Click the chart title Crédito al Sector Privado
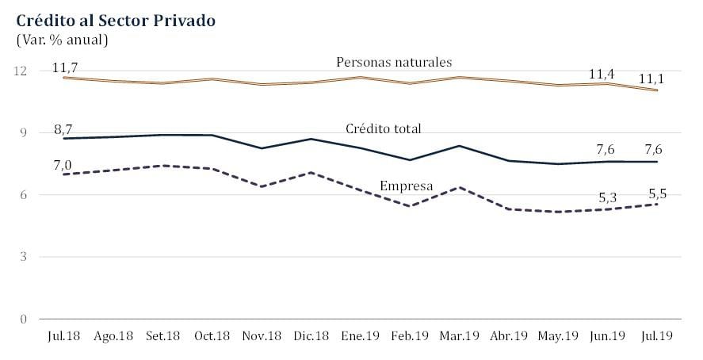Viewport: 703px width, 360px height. click(114, 21)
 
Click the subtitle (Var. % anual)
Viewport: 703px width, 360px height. click(62, 39)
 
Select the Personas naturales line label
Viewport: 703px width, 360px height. click(394, 61)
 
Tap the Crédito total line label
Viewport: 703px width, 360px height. click(384, 128)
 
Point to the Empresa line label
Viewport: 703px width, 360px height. click(407, 186)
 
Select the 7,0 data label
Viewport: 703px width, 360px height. click(63, 165)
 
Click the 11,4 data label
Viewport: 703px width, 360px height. click(602, 75)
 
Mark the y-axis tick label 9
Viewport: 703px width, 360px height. click(23, 132)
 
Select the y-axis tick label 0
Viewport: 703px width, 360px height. click(23, 319)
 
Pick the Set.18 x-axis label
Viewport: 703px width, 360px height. click(162, 337)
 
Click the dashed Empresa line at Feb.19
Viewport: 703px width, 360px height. click(408, 206)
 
